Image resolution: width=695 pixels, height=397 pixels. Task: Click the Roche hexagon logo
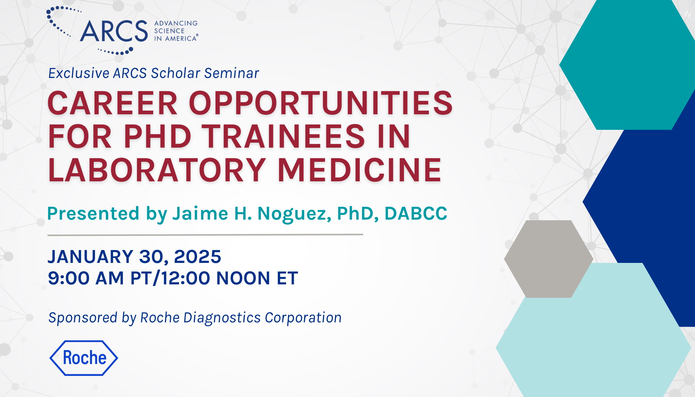83,358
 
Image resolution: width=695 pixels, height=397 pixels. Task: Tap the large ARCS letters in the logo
114,31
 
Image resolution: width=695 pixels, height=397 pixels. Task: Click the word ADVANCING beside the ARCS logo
176,23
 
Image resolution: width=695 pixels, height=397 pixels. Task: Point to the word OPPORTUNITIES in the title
321,103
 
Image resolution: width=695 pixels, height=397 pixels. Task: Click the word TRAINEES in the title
283,136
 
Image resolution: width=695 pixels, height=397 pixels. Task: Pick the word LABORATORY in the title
157,170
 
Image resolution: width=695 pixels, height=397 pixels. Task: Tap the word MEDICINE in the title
359,170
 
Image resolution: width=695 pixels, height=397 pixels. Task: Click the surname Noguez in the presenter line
294,214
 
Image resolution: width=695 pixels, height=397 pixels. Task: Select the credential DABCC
416,213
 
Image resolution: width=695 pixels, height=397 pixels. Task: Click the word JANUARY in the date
90,257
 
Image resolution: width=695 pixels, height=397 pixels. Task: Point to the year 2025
197,257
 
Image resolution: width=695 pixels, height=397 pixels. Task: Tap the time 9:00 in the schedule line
69,278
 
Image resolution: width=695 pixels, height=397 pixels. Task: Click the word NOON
243,278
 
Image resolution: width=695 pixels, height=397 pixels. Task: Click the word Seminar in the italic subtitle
231,73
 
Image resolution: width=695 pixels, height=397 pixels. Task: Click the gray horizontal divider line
205,235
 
